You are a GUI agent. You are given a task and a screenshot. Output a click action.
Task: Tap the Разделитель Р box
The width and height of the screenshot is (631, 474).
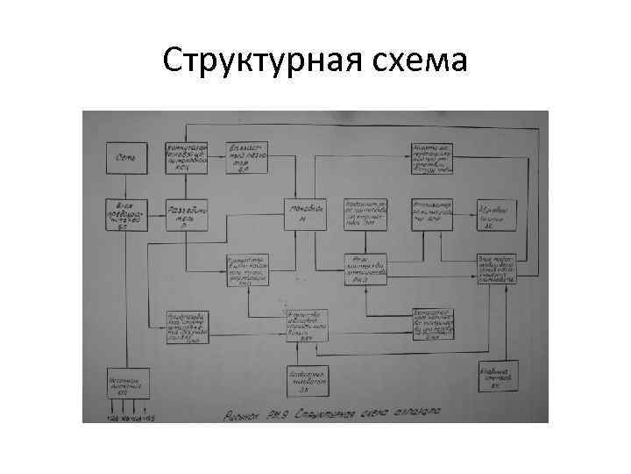coord(187,213)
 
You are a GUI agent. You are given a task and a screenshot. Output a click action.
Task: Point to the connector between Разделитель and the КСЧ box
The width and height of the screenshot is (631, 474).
coord(187,185)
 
